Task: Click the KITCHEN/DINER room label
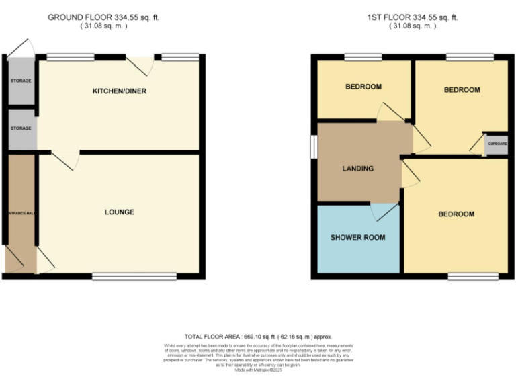[x=120, y=91]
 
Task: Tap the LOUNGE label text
[x=120, y=212]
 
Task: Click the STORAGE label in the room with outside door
[x=20, y=81]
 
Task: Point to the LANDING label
[x=357, y=169]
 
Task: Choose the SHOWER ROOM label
[x=357, y=238]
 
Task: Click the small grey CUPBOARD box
[x=497, y=144]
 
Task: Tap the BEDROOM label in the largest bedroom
[x=456, y=214]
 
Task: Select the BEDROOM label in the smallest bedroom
[x=363, y=87]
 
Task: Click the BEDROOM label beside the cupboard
[x=462, y=90]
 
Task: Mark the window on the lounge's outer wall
[x=134, y=276]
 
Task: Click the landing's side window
[x=312, y=147]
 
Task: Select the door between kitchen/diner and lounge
[x=65, y=160]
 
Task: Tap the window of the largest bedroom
[x=473, y=276]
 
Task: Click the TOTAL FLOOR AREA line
[x=258, y=337]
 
